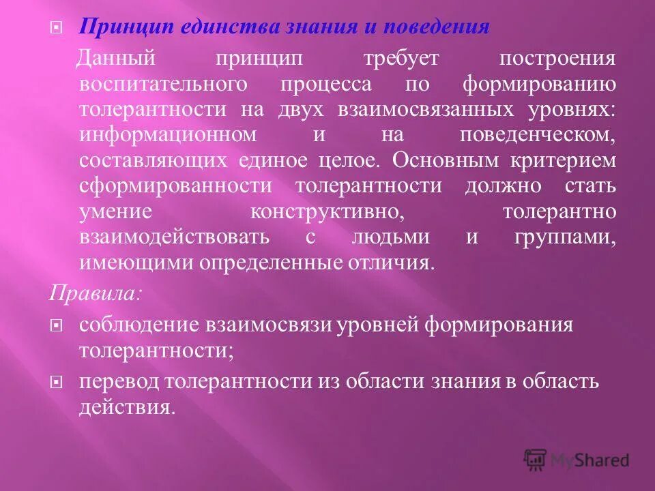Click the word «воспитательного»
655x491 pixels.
[161, 85]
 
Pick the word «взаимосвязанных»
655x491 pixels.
[426, 110]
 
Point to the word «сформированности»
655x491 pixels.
[175, 186]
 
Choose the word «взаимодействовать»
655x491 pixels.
[174, 237]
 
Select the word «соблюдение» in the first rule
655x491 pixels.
[136, 325]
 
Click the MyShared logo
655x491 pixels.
[577, 460]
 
